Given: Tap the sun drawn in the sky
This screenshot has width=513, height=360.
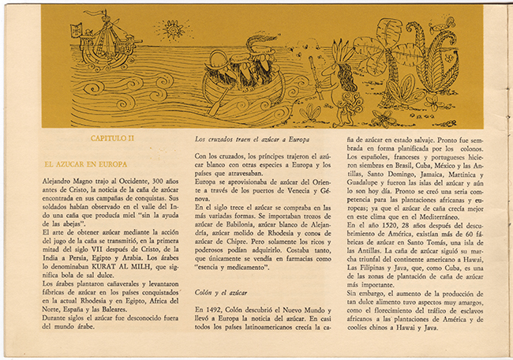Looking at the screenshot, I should point(170,31).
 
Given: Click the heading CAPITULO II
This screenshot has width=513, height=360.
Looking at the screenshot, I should point(112,138).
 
